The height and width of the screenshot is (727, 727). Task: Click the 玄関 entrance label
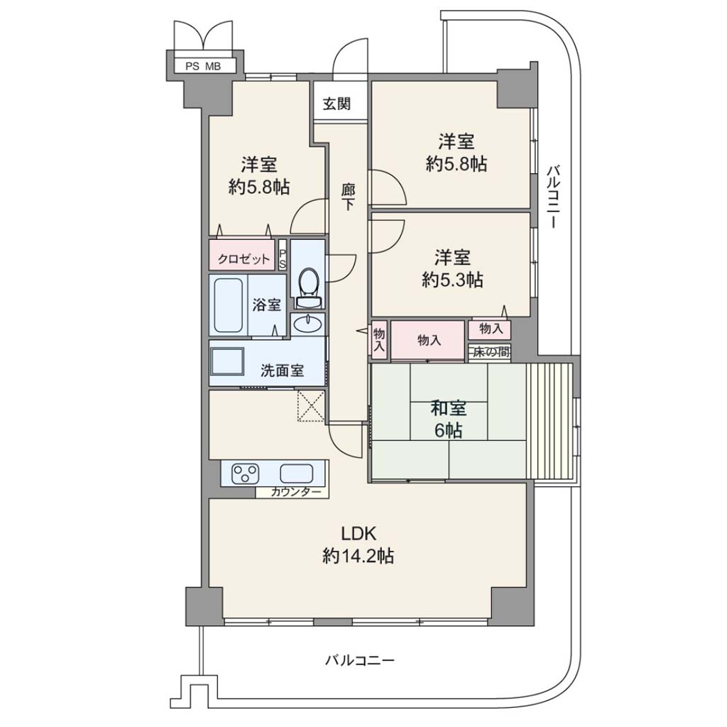coord(337,104)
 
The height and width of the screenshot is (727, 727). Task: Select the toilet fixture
coord(308,288)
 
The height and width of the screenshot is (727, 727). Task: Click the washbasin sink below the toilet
coord(308,323)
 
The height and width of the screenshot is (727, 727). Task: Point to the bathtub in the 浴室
coord(228,305)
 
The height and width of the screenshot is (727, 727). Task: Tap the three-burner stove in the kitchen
coord(245,474)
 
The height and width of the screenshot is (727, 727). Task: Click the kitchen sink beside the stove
coord(296,474)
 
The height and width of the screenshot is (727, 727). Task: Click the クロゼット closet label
coord(244,258)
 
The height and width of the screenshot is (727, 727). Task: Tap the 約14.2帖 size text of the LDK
coord(358,555)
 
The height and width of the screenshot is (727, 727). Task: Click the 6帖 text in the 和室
coord(448,431)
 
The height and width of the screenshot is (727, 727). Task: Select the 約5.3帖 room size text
coord(452,280)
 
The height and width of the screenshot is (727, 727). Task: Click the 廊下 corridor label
coord(348,197)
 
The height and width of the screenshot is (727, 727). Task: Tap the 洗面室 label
coord(282,371)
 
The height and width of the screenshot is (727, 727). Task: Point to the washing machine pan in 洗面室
coord(227,361)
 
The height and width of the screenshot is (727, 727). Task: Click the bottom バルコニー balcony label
coord(359,660)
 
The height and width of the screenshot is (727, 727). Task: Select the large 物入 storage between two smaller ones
coord(428,341)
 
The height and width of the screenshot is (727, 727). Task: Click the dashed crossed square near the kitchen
coord(311,406)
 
